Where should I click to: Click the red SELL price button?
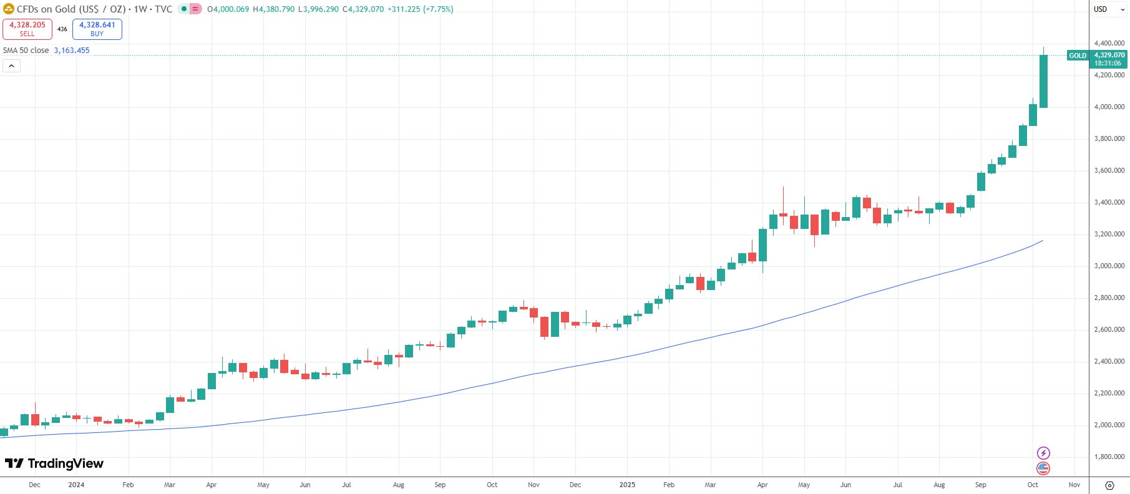click(27, 29)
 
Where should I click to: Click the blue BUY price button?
click(97, 29)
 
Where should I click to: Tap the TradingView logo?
click(54, 463)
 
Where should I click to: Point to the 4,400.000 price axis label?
click(1109, 44)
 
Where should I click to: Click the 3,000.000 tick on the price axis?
click(1109, 266)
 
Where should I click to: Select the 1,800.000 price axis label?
click(1109, 457)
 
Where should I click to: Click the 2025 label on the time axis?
click(627, 485)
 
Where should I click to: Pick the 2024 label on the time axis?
click(76, 485)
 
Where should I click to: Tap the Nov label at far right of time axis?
click(1074, 485)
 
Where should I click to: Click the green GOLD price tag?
click(1078, 56)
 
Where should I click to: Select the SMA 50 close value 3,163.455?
click(72, 51)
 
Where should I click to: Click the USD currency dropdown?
click(1109, 9)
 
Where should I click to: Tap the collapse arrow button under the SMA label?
click(11, 65)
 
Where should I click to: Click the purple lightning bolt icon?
click(1043, 453)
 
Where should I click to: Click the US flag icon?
click(1043, 468)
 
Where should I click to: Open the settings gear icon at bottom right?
click(1109, 485)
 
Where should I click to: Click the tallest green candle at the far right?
click(1043, 81)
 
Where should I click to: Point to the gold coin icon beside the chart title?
click(9, 9)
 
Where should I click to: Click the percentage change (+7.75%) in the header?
click(438, 9)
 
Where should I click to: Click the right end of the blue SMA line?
click(1042, 241)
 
